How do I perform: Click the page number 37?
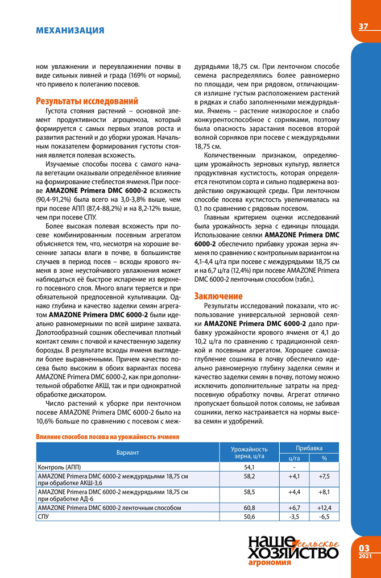pyautogui.click(x=364, y=27)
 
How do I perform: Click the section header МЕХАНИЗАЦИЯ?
pyautogui.click(x=70, y=30)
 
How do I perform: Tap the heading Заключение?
pyautogui.click(x=218, y=296)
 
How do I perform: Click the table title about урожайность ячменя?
pyautogui.click(x=108, y=437)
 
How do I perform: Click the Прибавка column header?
pyautogui.click(x=310, y=447)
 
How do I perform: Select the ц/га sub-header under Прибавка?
pyautogui.click(x=295, y=458)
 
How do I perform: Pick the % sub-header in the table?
pyautogui.click(x=324, y=458)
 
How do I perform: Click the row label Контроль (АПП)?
pyautogui.click(x=60, y=467)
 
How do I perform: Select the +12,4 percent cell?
pyautogui.click(x=324, y=508)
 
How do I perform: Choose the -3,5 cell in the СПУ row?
pyautogui.click(x=295, y=516)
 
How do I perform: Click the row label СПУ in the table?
pyautogui.click(x=43, y=516)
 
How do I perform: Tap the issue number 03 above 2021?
pyautogui.click(x=365, y=547)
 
